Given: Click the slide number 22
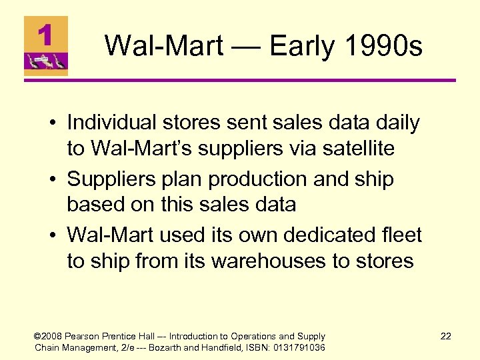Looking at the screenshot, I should click(x=445, y=337).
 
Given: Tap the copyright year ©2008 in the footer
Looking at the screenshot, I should click(x=49, y=337).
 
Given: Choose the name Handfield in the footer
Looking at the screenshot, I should click(x=228, y=347).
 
